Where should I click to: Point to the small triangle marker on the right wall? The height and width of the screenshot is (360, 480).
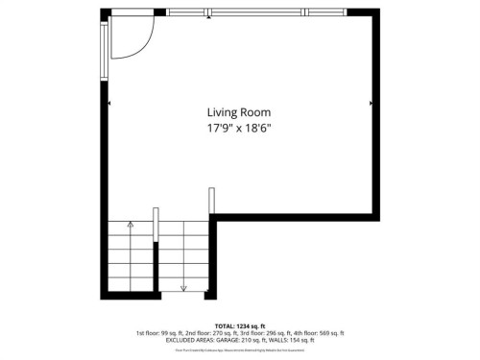click(371, 103)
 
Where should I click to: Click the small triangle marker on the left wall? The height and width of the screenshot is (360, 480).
click(111, 103)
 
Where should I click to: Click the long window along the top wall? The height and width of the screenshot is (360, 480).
click(257, 12)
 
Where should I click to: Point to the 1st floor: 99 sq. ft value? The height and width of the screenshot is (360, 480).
click(160, 333)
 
